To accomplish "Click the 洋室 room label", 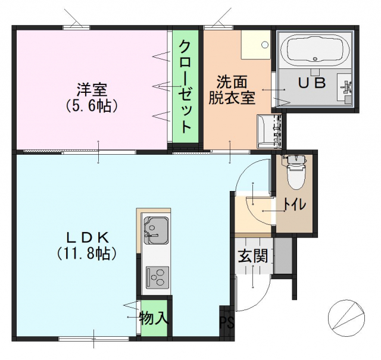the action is [x=92, y=90].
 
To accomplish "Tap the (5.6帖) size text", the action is [x=92, y=106].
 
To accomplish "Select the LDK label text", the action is [x=88, y=238].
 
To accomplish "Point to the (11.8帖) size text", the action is [x=87, y=254].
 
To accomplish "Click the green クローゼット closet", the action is [x=185, y=86].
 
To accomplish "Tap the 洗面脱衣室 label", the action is [x=232, y=90].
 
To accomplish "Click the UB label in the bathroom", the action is [x=311, y=83].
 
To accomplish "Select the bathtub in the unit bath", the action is [x=315, y=49].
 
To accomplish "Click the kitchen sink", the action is [x=156, y=230].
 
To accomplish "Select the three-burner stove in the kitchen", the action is [x=157, y=277].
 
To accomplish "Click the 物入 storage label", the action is [x=154, y=318].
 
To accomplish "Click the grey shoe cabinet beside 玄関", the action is [x=283, y=255].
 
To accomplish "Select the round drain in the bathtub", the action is [x=316, y=58].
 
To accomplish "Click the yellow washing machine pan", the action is [x=255, y=45].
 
